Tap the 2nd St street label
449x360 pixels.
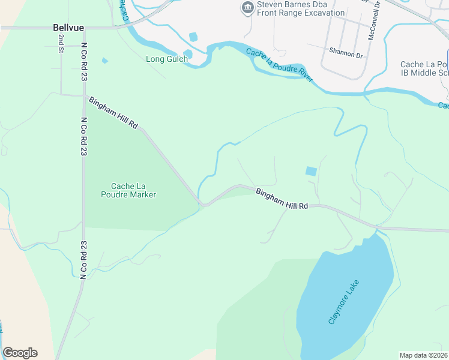point(61,44)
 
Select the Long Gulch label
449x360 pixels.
point(167,59)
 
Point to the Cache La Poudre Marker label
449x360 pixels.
point(134,190)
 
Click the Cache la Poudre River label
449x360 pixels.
point(279,66)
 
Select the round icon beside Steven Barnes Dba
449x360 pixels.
point(247,8)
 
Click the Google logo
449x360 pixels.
point(20,353)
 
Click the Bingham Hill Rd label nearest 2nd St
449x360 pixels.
point(114,113)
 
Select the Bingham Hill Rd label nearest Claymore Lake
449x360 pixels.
point(282,199)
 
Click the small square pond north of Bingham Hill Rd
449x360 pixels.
point(311,171)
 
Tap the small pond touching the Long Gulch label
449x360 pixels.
point(188,55)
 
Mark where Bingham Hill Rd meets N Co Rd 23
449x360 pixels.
point(84,95)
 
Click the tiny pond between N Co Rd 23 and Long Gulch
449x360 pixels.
point(105,61)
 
